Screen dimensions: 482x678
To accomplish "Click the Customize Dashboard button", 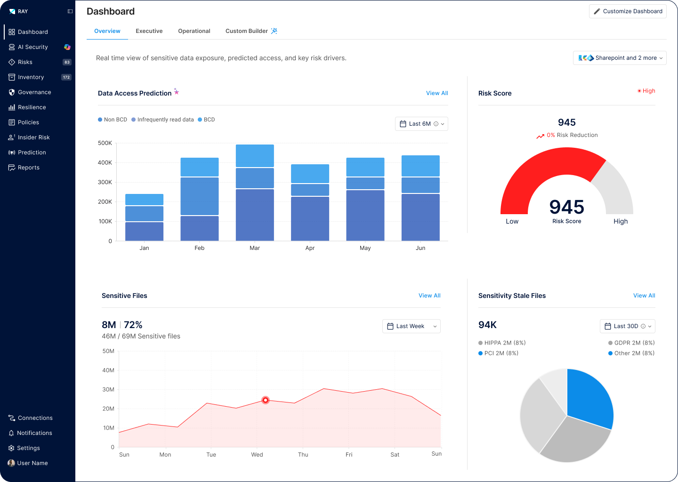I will pyautogui.click(x=628, y=11).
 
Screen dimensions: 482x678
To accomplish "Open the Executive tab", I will pyautogui.click(x=149, y=31).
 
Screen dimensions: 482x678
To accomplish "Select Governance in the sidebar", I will pyautogui.click(x=34, y=92).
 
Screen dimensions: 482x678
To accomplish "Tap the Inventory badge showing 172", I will pyautogui.click(x=66, y=77).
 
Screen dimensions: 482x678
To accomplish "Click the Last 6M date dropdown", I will pyautogui.click(x=421, y=124).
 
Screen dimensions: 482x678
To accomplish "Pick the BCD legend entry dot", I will pyautogui.click(x=200, y=120).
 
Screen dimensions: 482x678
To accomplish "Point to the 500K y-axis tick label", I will pyautogui.click(x=105, y=143).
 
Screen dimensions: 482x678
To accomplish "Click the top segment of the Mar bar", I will pyautogui.click(x=255, y=156).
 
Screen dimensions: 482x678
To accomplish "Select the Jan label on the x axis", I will pyautogui.click(x=144, y=248).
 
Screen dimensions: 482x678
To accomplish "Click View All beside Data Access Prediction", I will pyautogui.click(x=437, y=93).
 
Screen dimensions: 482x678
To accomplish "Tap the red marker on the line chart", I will pyautogui.click(x=266, y=400).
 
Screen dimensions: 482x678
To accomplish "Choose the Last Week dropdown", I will pyautogui.click(x=412, y=326).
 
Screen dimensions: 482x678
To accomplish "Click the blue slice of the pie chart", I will pyautogui.click(x=589, y=397).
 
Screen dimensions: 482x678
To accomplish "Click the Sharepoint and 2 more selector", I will pyautogui.click(x=620, y=58).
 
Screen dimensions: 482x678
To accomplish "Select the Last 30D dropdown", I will pyautogui.click(x=628, y=326).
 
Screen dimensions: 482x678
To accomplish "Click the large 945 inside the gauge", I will pyautogui.click(x=567, y=207).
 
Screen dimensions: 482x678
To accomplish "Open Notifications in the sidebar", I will pyautogui.click(x=34, y=433).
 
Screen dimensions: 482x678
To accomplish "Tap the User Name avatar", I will pyautogui.click(x=11, y=463).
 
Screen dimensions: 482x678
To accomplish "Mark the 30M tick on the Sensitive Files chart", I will pyautogui.click(x=108, y=390).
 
